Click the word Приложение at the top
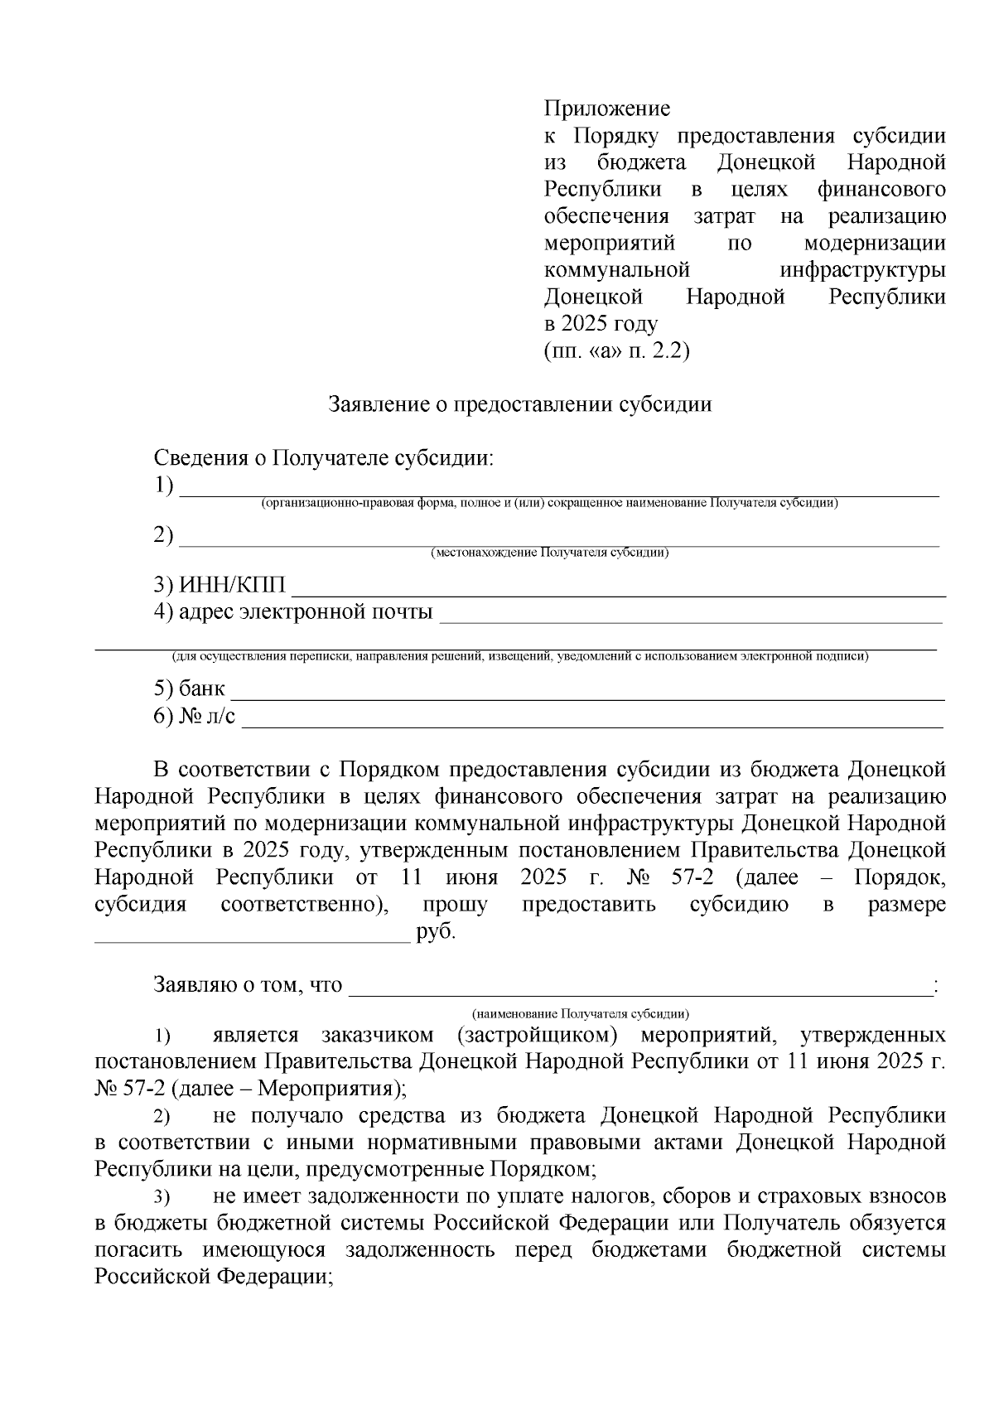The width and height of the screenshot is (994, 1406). pos(606,109)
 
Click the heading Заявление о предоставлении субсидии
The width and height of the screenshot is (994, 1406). pos(520,404)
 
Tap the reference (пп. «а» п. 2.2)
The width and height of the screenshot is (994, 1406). pos(616,350)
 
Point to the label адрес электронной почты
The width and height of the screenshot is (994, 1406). pos(305,612)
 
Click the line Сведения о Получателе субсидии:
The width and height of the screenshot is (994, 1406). pos(323,458)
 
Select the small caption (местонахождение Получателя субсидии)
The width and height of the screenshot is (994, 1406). pos(549,553)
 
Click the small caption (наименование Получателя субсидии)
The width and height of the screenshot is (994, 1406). pos(580,1013)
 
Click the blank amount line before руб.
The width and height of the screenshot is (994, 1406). pos(253,940)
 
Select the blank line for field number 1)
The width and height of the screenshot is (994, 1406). pos(559,493)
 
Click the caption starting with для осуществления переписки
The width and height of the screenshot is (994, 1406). pos(519,657)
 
